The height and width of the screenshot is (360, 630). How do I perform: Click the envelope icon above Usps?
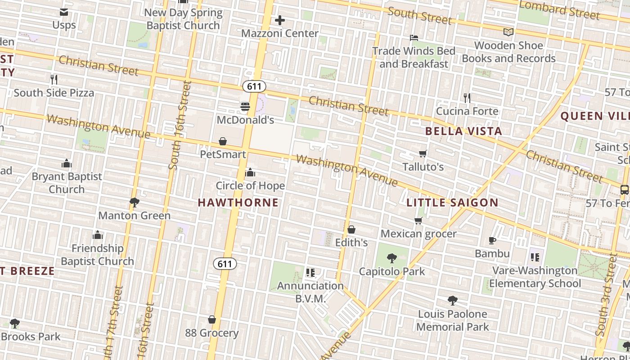coord(64,12)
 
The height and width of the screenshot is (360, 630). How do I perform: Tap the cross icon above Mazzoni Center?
coord(279,20)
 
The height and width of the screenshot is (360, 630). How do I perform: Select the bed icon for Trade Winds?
coord(414,38)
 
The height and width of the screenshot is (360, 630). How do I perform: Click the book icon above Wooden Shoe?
coord(508,32)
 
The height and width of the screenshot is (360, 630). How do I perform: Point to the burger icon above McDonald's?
coord(245,107)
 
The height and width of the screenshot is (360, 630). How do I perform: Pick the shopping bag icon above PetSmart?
coord(223,141)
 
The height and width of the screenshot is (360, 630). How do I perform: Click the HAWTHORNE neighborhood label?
coord(238,202)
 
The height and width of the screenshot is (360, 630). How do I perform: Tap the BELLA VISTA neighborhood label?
coord(463,131)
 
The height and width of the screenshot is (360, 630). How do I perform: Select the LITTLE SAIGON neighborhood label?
coord(452,202)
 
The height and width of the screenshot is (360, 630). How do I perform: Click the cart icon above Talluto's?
coord(423,154)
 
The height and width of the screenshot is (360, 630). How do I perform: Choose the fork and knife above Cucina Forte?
coord(467,98)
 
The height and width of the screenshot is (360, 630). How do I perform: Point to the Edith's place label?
coord(351,243)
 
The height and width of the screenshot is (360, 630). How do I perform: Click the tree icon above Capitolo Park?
coord(392,258)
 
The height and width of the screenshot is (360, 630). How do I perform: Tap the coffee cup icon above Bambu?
coord(492,241)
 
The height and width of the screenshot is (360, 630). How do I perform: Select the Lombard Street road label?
coord(559,10)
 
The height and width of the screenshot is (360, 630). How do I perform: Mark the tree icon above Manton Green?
coord(134,202)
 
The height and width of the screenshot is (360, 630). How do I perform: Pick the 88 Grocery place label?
coord(212,333)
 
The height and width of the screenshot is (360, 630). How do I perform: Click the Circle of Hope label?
coord(250,186)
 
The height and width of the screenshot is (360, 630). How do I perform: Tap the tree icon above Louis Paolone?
coord(453,301)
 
